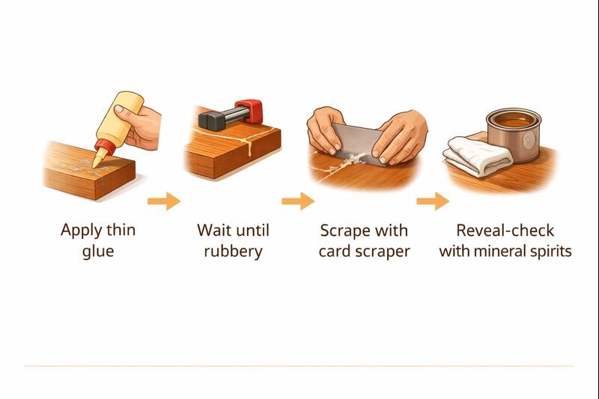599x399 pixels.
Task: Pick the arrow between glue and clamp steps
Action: [x=164, y=201]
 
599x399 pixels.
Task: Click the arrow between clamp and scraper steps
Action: [x=298, y=201]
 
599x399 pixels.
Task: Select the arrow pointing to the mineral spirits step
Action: [x=433, y=201]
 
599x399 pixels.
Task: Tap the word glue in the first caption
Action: [x=98, y=251]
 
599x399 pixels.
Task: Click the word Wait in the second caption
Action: [x=213, y=230]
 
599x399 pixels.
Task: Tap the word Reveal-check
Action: [x=505, y=230]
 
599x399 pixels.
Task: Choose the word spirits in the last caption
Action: [x=547, y=251]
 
